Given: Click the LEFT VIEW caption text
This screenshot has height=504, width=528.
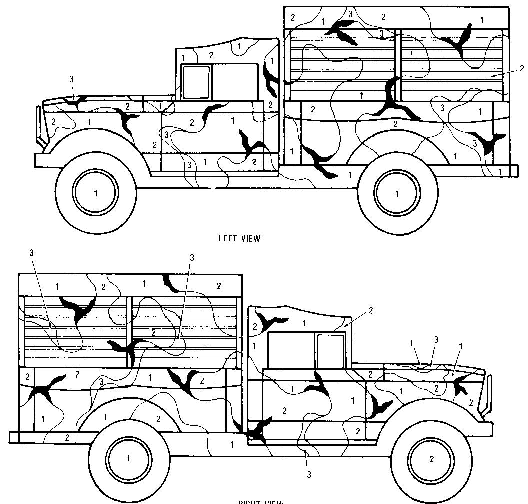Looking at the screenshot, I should pos(239,238).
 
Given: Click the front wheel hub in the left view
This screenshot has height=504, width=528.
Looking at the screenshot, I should pos(96,192).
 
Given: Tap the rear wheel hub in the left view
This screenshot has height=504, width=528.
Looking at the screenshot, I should pos(398,193).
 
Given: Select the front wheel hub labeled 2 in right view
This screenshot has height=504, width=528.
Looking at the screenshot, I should pos(432,459).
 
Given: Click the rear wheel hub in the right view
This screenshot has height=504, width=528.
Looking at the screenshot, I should pos(128,457).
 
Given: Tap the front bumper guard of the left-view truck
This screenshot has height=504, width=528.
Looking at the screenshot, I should pos(37,122).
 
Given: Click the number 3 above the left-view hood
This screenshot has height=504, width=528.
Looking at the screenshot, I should pos(71,79).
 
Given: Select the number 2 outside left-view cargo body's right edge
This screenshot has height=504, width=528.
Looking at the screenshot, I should pos(522,69).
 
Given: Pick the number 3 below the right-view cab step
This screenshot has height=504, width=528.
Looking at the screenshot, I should pos(309,475).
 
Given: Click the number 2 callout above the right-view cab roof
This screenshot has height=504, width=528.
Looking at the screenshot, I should pos(371,310).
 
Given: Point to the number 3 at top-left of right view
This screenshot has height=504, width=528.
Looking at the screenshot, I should pos(31,253).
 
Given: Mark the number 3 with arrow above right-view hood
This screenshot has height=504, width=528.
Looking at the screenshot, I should pos(436,340).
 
